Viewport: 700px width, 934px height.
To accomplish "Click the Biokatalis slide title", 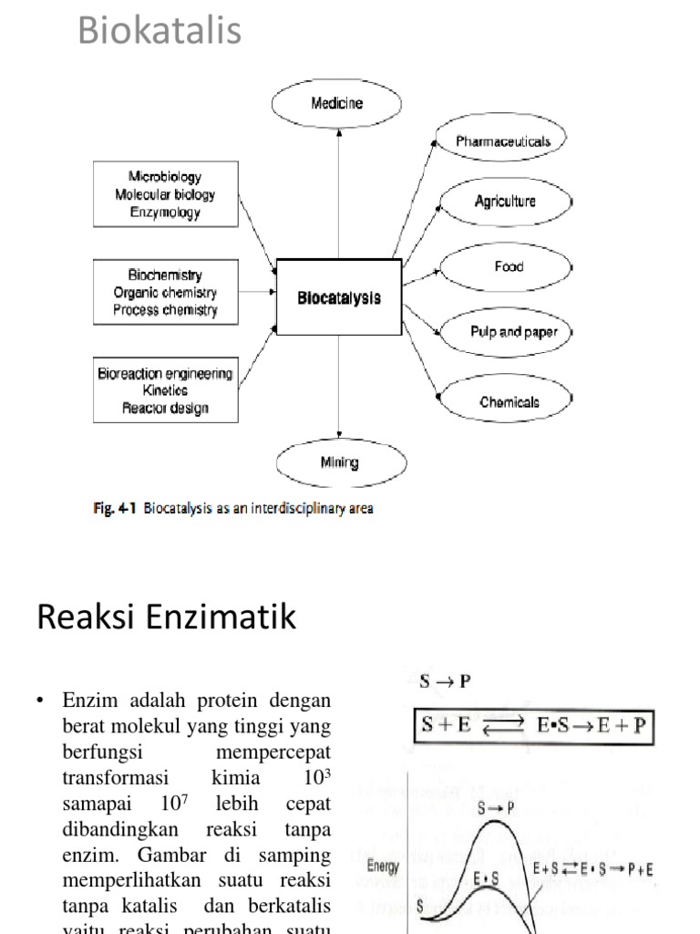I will (x=160, y=30).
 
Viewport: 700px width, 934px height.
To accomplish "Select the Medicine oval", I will (x=337, y=103).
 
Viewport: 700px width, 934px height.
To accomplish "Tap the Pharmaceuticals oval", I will (x=503, y=141).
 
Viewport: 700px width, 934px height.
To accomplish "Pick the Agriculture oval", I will (x=505, y=202).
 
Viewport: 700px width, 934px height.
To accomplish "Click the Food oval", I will (x=508, y=267).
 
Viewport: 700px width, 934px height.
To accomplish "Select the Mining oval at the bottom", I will (x=339, y=462).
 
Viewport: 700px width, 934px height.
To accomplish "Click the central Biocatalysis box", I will (x=339, y=297).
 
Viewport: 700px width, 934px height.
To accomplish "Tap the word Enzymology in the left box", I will (x=165, y=213).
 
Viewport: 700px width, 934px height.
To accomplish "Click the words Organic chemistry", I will (x=165, y=293).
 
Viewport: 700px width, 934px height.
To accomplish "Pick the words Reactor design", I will (x=165, y=408).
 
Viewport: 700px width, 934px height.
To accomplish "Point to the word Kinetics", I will (x=165, y=390).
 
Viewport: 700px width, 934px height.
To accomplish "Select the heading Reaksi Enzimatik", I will (x=167, y=617).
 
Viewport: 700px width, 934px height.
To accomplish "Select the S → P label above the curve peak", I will (x=496, y=807).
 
